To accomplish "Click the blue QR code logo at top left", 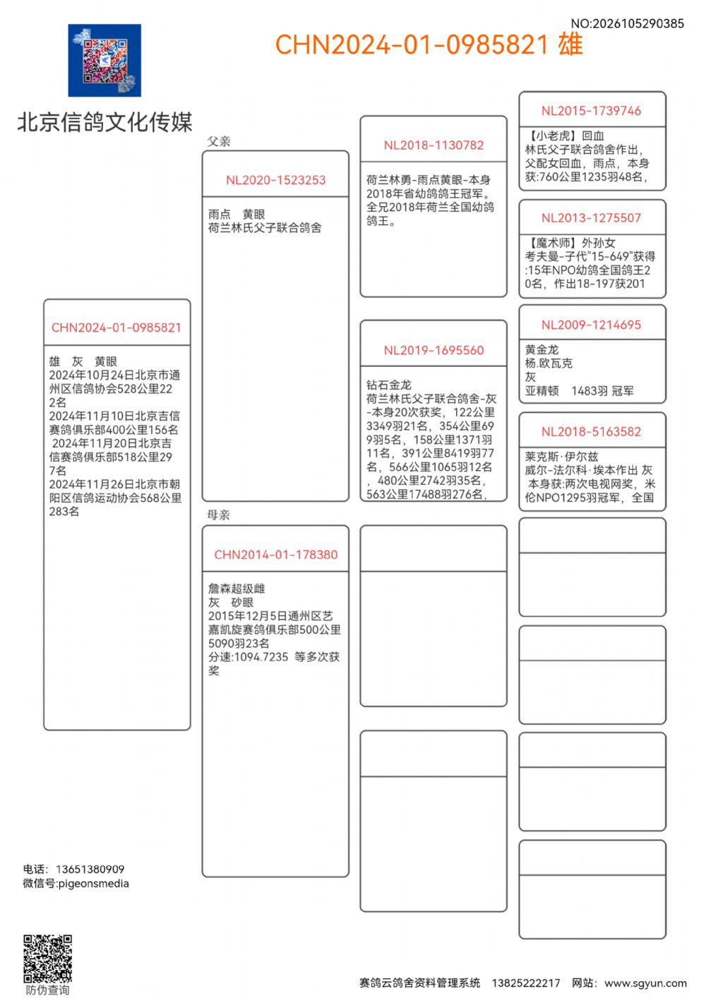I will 104,61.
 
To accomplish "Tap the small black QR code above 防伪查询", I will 48,958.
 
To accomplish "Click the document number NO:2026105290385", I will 627,23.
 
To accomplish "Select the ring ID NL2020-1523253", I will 275,180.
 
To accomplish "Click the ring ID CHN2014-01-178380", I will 275,555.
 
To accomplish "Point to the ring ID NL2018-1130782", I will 433,145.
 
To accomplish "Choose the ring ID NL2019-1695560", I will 433,350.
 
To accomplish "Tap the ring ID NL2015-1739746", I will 591,111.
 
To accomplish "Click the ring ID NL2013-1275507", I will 591,218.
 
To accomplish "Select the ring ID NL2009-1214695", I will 591,325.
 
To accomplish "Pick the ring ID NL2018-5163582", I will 591,432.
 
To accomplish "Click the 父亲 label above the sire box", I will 219,141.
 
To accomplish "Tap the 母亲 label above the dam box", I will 219,515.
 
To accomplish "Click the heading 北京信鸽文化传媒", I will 104,122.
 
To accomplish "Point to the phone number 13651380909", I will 90,869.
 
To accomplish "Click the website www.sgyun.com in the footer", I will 645,982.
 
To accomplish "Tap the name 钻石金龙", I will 388,385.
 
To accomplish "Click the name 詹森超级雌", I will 237,589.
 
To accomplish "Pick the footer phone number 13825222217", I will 525,982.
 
